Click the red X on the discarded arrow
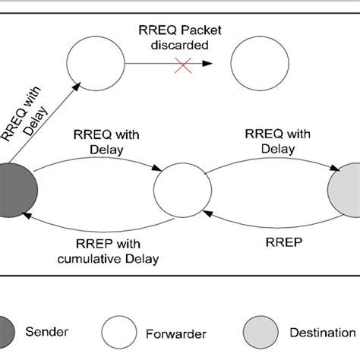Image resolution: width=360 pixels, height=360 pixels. coord(182,66)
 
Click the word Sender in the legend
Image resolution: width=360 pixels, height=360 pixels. coord(47,332)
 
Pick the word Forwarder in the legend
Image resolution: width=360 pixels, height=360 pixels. coord(177,332)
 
